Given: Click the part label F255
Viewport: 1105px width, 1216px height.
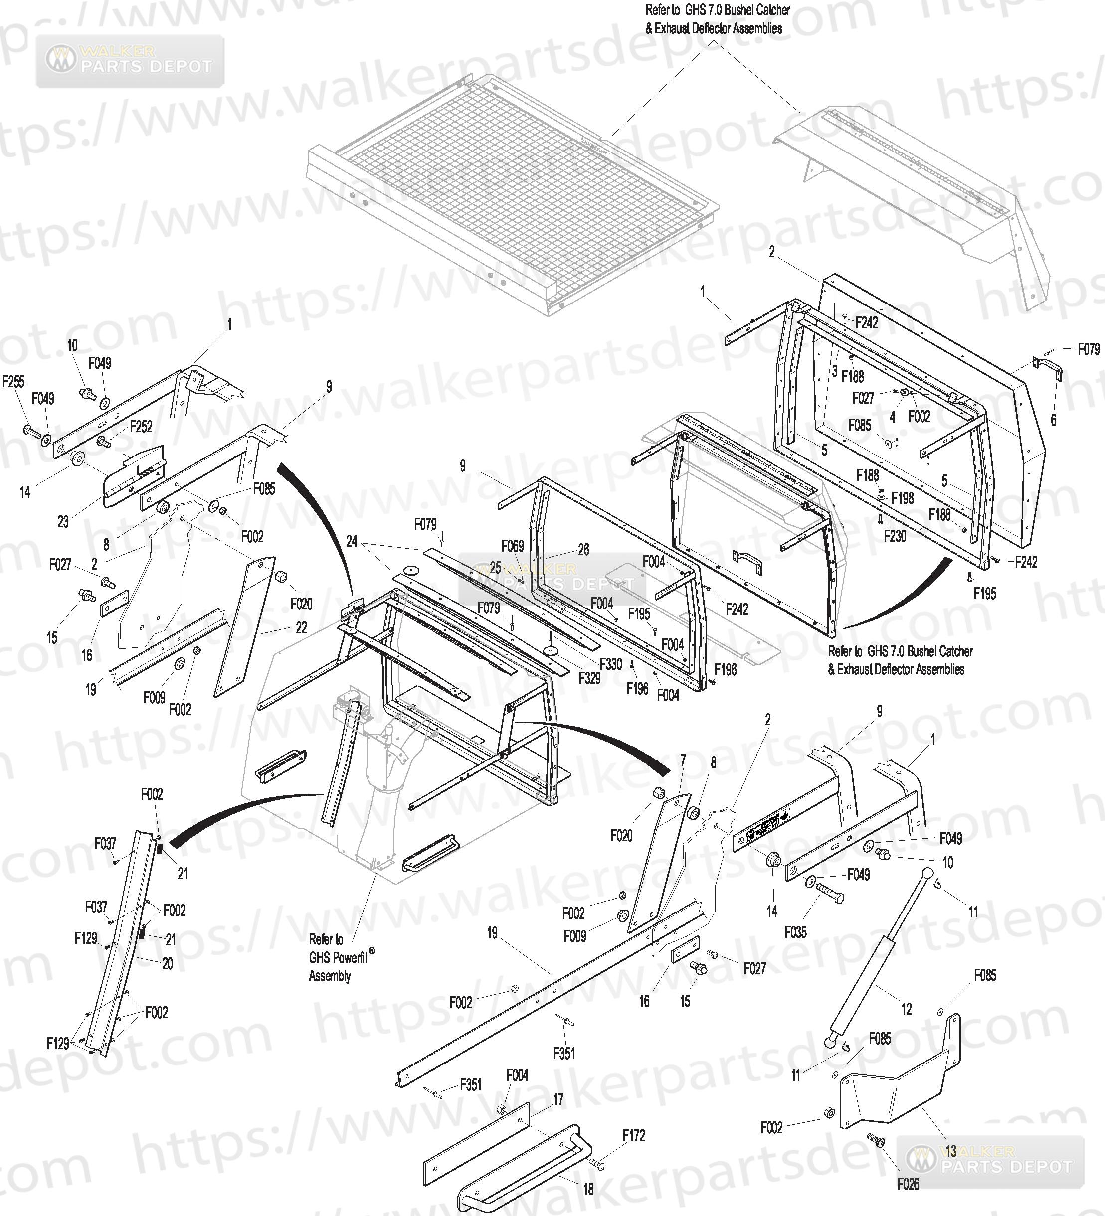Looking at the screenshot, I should (x=13, y=381).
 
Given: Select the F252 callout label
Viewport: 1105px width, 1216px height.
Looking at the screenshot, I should (x=141, y=427).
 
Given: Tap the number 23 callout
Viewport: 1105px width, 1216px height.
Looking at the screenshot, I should (x=63, y=522).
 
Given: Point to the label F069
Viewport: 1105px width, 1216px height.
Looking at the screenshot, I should (x=513, y=547).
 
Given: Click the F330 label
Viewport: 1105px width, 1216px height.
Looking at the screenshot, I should (x=611, y=664).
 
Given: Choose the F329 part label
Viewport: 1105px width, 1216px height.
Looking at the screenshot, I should (x=589, y=678).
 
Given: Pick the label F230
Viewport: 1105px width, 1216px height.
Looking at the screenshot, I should (x=895, y=536).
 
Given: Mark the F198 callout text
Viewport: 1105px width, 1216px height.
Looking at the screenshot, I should (x=903, y=498).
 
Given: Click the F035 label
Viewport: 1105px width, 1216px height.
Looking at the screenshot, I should (x=795, y=932).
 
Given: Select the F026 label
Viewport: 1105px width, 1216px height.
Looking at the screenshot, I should (x=908, y=1184).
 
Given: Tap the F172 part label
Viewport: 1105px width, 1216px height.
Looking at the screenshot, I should (x=634, y=1136).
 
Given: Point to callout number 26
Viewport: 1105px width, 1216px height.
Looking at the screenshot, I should (x=583, y=550).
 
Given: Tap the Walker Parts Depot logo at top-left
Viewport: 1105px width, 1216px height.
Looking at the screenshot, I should (x=130, y=60).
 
